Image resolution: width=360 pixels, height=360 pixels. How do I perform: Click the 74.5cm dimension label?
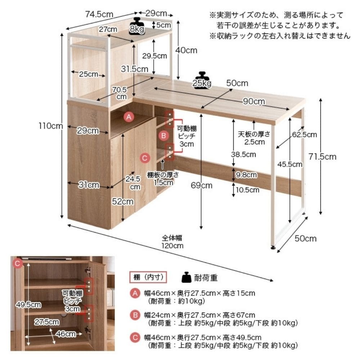pyautogui.click(x=99, y=14)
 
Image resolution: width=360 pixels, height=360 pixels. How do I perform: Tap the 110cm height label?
pyautogui.click(x=50, y=126)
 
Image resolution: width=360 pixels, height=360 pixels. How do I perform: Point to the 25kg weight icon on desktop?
pyautogui.click(x=202, y=80)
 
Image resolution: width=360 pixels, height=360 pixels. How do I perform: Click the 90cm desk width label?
pyautogui.click(x=254, y=101)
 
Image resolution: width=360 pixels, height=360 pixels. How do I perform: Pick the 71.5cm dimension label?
pyautogui.click(x=322, y=157)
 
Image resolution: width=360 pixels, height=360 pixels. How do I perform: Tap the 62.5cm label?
pyautogui.click(x=305, y=135)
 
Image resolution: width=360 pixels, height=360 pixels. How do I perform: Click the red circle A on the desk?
pyautogui.click(x=129, y=117)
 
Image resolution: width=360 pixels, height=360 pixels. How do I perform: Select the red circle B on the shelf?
pyautogui.click(x=164, y=135)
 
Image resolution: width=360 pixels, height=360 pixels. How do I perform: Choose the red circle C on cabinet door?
pyautogui.click(x=145, y=158)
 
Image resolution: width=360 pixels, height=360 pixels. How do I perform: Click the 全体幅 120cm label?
pyautogui.click(x=172, y=242)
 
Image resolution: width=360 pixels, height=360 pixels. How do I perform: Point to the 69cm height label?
pyautogui.click(x=202, y=185)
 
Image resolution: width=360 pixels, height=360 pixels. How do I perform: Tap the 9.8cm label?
pyautogui.click(x=246, y=175)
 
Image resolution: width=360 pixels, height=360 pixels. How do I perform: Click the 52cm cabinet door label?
pyautogui.click(x=123, y=201)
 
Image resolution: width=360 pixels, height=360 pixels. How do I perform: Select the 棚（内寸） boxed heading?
pyautogui.click(x=148, y=277)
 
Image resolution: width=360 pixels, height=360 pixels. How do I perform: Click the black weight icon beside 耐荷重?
pyautogui.click(x=186, y=277)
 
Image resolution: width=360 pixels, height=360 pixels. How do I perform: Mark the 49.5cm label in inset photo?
pyautogui.click(x=28, y=305)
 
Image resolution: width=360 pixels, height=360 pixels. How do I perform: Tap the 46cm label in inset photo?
pyautogui.click(x=66, y=334)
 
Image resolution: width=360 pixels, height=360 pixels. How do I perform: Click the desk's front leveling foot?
pyautogui.click(x=273, y=248)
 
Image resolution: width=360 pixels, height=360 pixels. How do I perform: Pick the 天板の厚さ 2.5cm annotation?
pyautogui.click(x=254, y=138)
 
